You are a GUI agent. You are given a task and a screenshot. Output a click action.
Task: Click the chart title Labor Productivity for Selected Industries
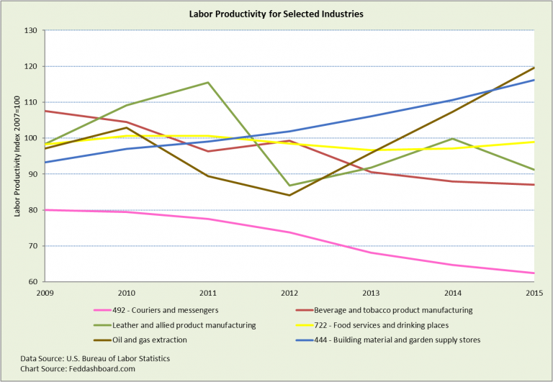pyautogui.click(x=276, y=14)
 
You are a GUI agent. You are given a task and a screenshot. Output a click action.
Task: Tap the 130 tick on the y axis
pyautogui.click(x=32, y=30)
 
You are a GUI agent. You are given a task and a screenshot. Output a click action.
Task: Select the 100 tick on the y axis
pyautogui.click(x=32, y=138)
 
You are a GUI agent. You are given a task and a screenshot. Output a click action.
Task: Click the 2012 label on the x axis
pyautogui.click(x=289, y=294)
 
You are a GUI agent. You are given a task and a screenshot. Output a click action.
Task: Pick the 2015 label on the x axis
pyautogui.click(x=533, y=294)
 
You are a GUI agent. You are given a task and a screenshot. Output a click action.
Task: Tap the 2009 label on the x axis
pyautogui.click(x=45, y=294)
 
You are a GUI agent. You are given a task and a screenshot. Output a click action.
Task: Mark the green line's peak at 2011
pyautogui.click(x=208, y=82)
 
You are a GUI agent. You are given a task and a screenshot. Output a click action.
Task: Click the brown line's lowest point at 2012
pyautogui.click(x=289, y=195)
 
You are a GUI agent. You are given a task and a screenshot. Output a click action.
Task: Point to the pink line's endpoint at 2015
pyautogui.click(x=533, y=273)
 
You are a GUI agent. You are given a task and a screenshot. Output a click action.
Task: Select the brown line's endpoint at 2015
pyautogui.click(x=533, y=68)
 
